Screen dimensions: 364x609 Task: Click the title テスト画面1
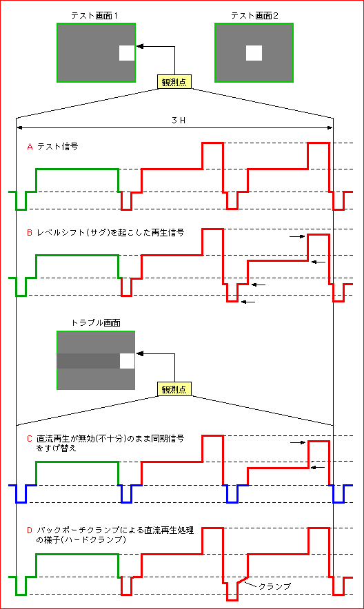(94, 16)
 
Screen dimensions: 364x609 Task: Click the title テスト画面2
(254, 16)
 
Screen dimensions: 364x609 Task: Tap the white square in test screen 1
(127, 53)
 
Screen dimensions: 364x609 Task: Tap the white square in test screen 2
(254, 53)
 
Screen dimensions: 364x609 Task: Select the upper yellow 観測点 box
(174, 82)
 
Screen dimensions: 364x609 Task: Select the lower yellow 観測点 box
(174, 389)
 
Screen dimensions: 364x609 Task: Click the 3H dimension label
(179, 121)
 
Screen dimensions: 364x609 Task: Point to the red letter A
(30, 147)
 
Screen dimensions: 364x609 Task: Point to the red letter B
(30, 233)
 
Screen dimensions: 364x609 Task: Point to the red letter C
(30, 439)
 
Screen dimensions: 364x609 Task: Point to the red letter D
(30, 530)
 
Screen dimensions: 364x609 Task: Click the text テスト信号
(57, 147)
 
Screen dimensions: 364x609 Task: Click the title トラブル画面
(96, 322)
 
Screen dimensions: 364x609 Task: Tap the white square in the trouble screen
(127, 361)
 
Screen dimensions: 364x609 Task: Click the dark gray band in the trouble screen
(88, 361)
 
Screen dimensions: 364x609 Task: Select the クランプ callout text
(274, 586)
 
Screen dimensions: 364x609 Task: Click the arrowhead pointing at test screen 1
(140, 46)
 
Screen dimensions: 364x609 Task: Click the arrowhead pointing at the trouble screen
(140, 353)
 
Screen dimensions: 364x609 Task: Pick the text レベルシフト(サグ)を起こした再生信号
(110, 233)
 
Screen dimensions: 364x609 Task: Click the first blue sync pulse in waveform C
(21, 494)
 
